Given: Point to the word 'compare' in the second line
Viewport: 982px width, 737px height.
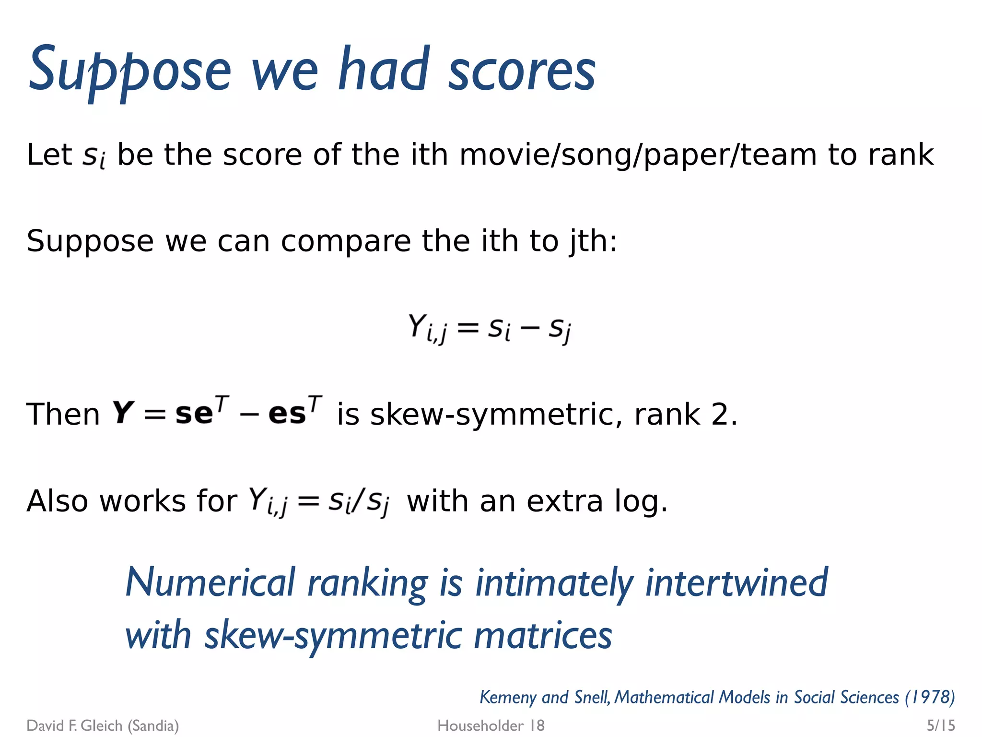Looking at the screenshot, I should tap(345, 241).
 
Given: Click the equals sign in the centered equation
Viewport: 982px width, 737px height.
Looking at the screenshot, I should tap(468, 329).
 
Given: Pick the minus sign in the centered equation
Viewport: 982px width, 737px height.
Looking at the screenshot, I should tap(529, 329).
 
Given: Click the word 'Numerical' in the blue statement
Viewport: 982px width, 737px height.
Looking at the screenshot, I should tap(210, 582).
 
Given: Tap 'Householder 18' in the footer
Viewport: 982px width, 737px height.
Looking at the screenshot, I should tap(491, 725).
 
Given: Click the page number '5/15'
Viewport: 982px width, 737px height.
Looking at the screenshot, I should tap(940, 725).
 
